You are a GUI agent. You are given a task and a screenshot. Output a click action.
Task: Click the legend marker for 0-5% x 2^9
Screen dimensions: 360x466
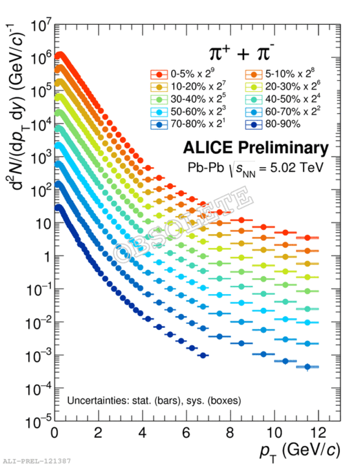159,75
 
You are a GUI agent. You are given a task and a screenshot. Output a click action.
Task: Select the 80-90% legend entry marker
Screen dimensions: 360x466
254,124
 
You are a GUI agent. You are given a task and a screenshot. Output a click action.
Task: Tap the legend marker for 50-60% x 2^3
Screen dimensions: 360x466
159,112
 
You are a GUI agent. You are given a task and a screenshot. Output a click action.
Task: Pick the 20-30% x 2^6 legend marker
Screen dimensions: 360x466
254,87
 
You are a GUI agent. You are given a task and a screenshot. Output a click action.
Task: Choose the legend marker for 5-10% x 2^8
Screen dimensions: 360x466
254,75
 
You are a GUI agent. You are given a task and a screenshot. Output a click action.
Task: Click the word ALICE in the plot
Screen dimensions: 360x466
208,148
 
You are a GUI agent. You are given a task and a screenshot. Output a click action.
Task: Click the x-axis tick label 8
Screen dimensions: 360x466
230,433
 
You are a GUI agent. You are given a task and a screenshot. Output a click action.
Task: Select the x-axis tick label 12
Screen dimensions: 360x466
319,433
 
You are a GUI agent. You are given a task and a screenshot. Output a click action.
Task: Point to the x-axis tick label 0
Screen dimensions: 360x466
54,433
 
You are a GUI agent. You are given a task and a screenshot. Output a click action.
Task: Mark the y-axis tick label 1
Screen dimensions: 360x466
48,256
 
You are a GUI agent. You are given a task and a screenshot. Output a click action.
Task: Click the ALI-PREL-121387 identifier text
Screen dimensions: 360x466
37,461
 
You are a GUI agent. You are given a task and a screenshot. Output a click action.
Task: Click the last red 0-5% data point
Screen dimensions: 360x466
308,237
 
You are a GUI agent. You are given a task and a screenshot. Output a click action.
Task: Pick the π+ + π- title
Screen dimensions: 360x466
241,52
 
